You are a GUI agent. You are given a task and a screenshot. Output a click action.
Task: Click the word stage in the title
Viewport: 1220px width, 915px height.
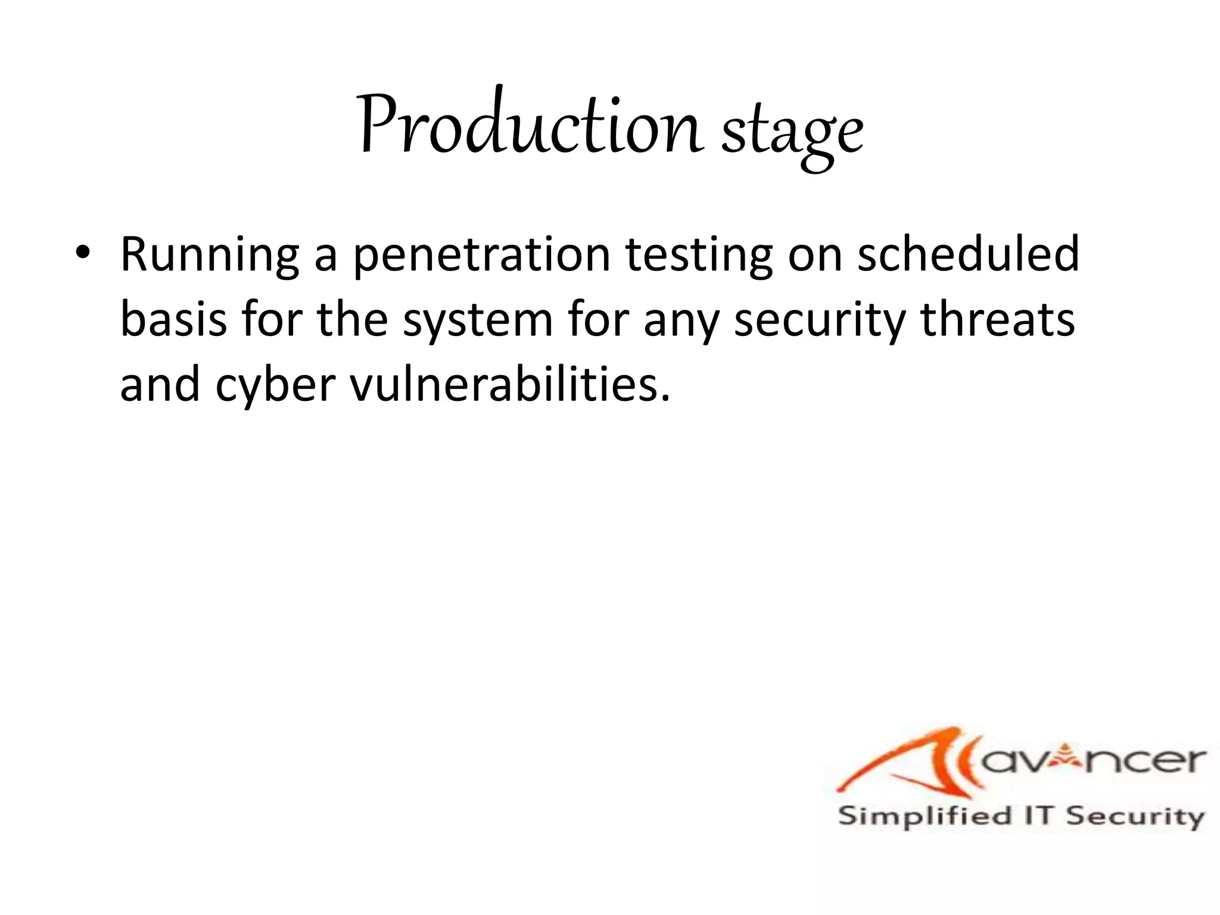792,132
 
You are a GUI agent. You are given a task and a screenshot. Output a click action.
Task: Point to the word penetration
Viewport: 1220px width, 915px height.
482,254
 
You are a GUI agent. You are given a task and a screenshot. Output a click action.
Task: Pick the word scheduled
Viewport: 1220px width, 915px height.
968,254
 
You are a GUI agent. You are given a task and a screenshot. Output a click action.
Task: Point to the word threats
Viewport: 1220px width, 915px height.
998,319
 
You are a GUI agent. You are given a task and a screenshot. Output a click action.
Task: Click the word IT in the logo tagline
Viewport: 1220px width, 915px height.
1040,816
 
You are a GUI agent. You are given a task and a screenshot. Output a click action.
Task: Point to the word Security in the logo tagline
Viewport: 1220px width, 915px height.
1135,817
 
